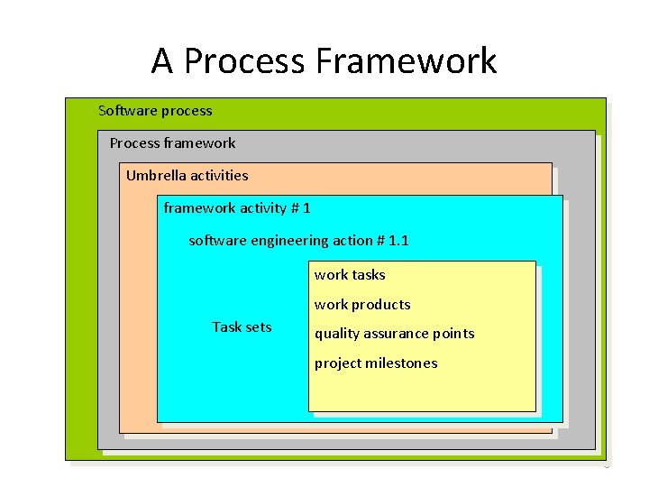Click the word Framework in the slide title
tap(407, 61)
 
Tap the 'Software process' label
tap(155, 111)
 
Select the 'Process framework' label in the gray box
tap(172, 143)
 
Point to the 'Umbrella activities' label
tap(187, 176)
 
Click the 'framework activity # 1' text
tap(237, 208)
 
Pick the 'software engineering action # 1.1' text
tap(298, 241)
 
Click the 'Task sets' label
tap(242, 327)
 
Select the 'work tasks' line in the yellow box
tap(350, 275)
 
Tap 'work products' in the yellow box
tap(362, 305)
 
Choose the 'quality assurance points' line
tap(394, 334)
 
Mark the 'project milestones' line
tap(376, 363)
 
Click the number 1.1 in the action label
tap(398, 241)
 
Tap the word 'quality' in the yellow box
tap(334, 335)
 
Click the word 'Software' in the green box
tap(128, 111)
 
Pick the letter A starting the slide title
tap(162, 61)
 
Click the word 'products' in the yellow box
tap(381, 306)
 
